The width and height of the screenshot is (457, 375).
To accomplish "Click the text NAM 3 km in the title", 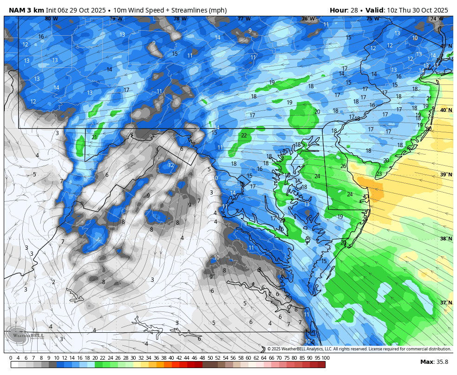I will pyautogui.click(x=26, y=10).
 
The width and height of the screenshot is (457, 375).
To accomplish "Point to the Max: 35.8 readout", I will pyautogui.click(x=434, y=362).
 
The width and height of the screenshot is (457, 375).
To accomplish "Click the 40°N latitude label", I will pyautogui.click(x=446, y=110).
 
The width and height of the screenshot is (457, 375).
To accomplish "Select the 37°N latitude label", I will pyautogui.click(x=446, y=303).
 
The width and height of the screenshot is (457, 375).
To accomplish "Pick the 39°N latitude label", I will pyautogui.click(x=446, y=175).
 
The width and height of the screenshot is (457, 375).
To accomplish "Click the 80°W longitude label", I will pyautogui.click(x=52, y=19).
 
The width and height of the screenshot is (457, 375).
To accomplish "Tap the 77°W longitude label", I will pyautogui.click(x=244, y=19).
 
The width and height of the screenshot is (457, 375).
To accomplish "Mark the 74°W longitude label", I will pyautogui.click(x=436, y=19).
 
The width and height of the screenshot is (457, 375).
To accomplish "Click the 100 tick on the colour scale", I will pyautogui.click(x=325, y=358).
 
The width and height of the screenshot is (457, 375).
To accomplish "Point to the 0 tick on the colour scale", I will pyautogui.click(x=11, y=358).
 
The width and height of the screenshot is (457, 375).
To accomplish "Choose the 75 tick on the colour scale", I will pyautogui.click(x=294, y=358).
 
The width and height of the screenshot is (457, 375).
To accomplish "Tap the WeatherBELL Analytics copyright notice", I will pyautogui.click(x=359, y=349).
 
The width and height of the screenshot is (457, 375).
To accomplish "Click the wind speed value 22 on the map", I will pyautogui.click(x=244, y=136).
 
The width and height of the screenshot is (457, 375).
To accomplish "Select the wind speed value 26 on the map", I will pyautogui.click(x=343, y=166).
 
